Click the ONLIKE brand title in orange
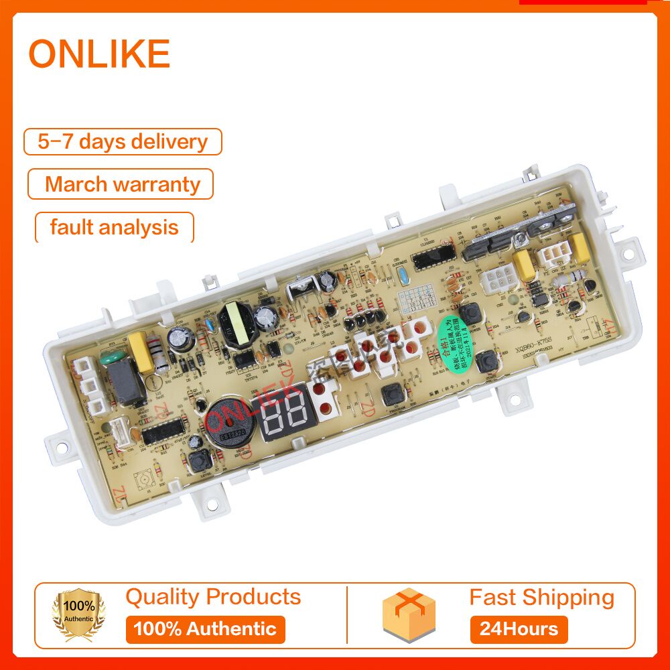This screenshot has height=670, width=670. pos(99,54)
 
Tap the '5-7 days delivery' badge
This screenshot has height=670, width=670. pos(123,142)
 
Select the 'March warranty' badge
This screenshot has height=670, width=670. pos(121,184)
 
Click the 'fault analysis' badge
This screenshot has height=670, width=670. pos(114,227)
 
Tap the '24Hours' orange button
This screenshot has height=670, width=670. pos(519,629)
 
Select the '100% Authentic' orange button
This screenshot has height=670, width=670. pos(205,629)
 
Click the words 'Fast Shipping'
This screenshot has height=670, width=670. pos(541,597)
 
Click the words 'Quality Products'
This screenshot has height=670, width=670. pos(213,596)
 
